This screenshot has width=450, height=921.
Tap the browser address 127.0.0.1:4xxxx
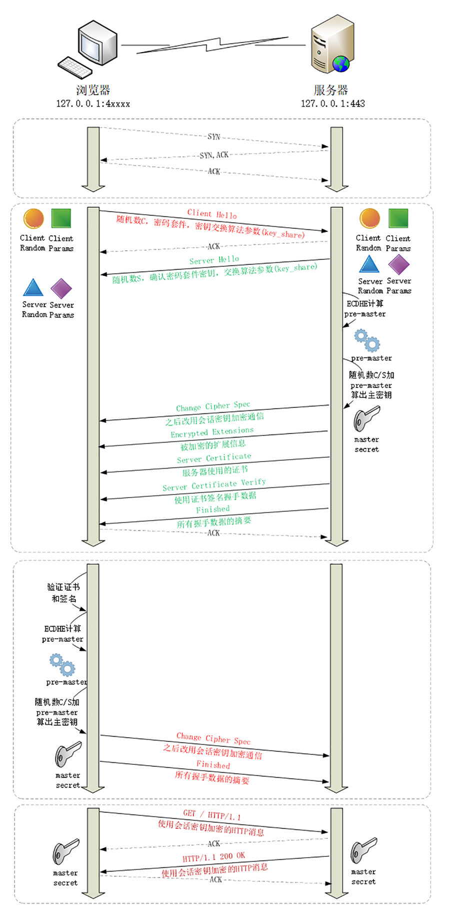tap(93, 104)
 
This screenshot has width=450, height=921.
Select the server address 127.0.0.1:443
tap(332, 104)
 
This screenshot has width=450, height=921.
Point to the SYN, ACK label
tap(214, 155)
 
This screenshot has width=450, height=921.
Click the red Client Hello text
tap(212, 214)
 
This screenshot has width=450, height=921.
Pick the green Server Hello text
tap(214, 260)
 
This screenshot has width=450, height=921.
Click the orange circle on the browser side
tap(34, 219)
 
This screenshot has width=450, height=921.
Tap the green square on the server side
tap(398, 219)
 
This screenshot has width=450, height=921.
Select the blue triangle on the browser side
tap(33, 288)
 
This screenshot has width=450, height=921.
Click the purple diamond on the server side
tap(399, 265)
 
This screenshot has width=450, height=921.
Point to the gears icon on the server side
tap(367, 341)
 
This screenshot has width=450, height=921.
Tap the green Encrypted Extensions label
tap(212, 432)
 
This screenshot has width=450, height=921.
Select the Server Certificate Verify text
tap(214, 485)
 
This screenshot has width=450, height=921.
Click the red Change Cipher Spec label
tap(213, 738)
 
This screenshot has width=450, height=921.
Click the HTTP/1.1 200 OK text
tap(213, 857)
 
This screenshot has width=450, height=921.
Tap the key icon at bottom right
tap(363, 850)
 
